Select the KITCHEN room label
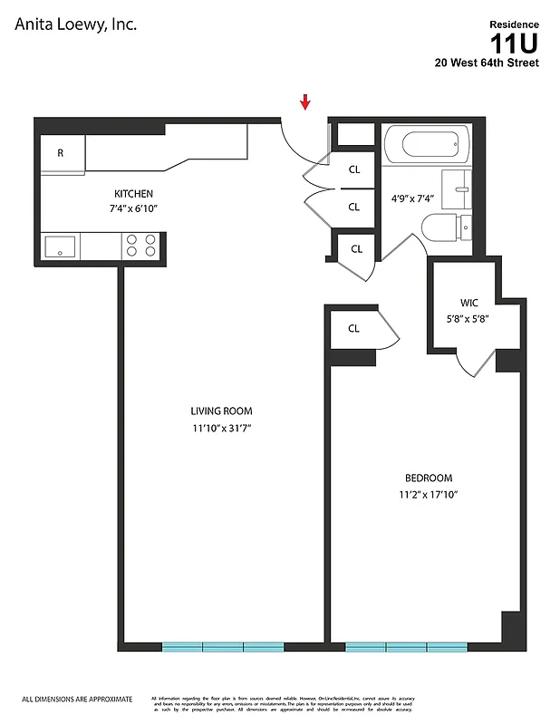[133, 194]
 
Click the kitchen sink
[61, 246]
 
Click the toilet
[445, 227]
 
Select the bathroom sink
[458, 189]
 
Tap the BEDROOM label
[428, 478]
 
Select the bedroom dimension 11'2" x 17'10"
[428, 494]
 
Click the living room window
[223, 647]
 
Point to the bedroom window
[406, 647]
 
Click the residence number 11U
[514, 43]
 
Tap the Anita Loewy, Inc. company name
[76, 25]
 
